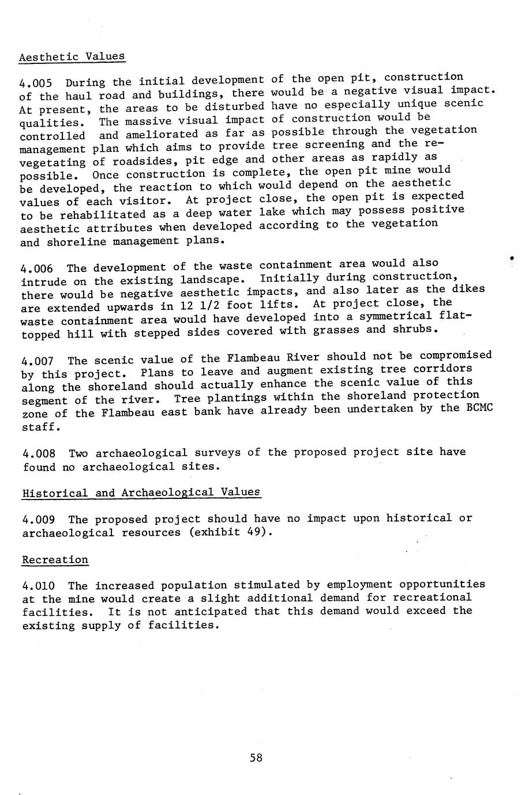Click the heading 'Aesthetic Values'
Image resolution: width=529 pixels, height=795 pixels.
(x=72, y=56)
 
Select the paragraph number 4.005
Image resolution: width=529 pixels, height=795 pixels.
(x=36, y=82)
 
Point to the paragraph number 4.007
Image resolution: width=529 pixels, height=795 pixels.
(x=37, y=361)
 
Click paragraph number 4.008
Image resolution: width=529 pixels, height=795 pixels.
(x=39, y=453)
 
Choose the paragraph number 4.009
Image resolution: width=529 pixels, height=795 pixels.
(x=39, y=519)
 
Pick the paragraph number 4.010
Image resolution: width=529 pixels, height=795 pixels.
(x=39, y=586)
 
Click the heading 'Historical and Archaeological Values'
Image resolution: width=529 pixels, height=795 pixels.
(x=141, y=493)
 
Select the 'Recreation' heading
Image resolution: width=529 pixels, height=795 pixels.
(x=55, y=560)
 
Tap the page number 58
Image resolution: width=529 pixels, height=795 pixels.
(x=256, y=758)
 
